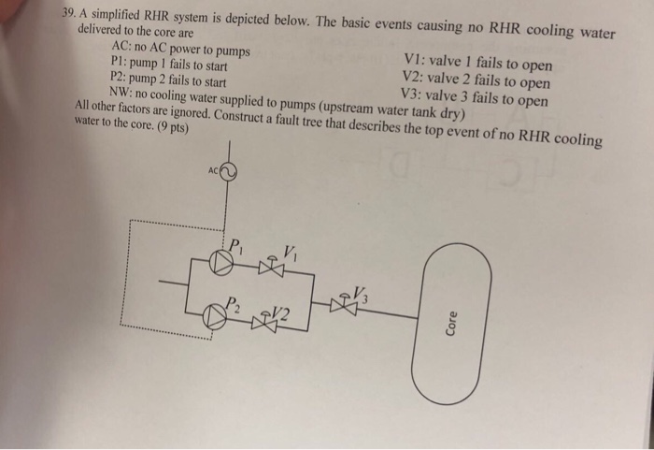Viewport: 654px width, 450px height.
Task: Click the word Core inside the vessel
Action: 451,324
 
